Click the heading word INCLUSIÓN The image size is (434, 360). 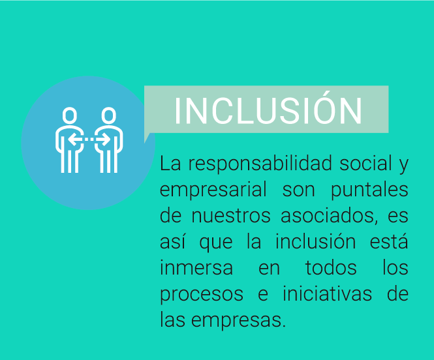[x=268, y=110]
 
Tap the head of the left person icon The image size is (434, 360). [x=69, y=115]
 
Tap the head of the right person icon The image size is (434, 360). [x=108, y=115]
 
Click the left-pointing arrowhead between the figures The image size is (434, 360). [x=73, y=140]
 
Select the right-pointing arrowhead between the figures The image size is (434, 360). [x=106, y=140]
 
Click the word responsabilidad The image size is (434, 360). [x=260, y=164]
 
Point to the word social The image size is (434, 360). [x=365, y=163]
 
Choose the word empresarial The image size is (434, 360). [x=213, y=190]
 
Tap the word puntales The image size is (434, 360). [x=369, y=190]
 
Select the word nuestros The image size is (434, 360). [x=231, y=217]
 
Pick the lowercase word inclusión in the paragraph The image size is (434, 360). [x=315, y=241]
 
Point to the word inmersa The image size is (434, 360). [x=196, y=267]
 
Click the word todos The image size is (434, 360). [x=331, y=267]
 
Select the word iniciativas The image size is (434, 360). [x=327, y=293]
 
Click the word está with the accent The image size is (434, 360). [x=389, y=241]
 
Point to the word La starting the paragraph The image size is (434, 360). [x=170, y=163]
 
